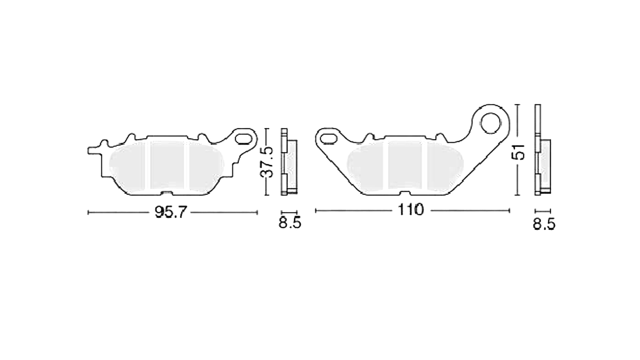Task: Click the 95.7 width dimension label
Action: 169,212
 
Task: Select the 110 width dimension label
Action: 410,210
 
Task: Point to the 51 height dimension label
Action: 518,152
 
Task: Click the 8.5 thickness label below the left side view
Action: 290,223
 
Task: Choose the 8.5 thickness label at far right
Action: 544,225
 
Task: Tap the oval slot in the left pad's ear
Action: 244,139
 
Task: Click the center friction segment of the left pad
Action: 167,165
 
